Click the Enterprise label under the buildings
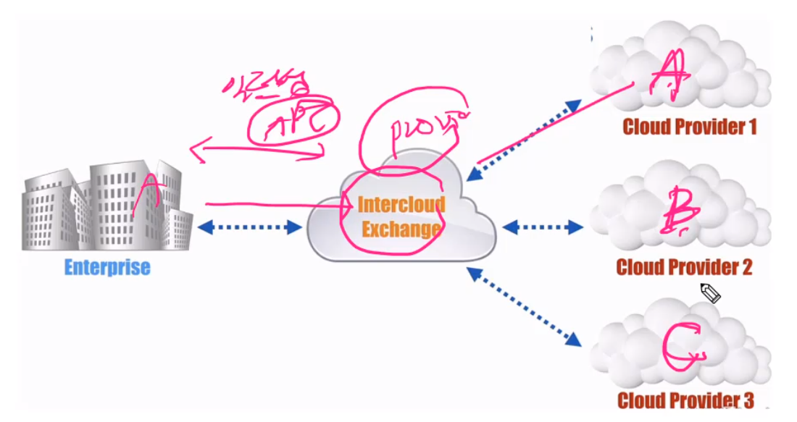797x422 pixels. [x=107, y=267]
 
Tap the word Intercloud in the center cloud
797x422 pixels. [x=401, y=205]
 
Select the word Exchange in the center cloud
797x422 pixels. [x=401, y=229]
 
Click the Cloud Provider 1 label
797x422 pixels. [x=690, y=127]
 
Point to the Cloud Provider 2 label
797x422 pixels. [x=684, y=267]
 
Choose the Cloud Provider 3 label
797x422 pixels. [x=685, y=400]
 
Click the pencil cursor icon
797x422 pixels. [x=710, y=293]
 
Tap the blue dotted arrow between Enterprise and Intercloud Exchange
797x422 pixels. [x=249, y=227]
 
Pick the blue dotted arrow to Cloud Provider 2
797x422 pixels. [x=543, y=227]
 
